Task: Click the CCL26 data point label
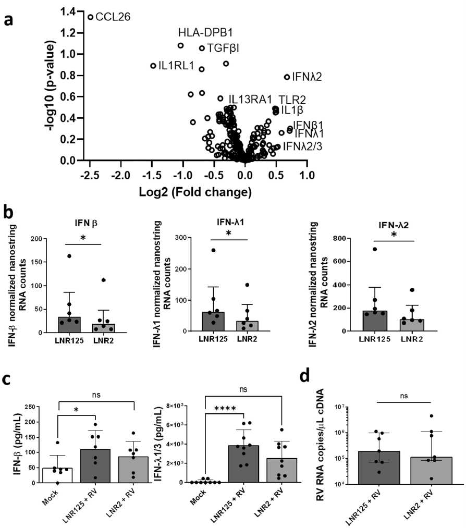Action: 114,18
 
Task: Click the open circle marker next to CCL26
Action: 91,17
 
